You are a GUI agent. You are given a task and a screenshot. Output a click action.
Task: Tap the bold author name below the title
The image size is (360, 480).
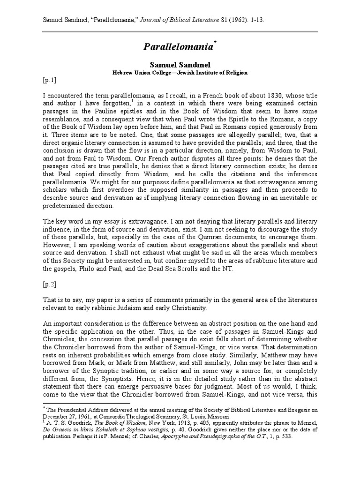click(x=180, y=64)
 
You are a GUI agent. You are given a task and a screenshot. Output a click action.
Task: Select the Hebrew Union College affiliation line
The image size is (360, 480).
click(x=180, y=73)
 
